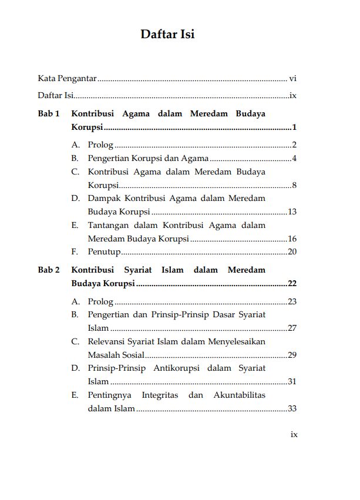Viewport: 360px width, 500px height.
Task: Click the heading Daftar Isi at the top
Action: (x=167, y=34)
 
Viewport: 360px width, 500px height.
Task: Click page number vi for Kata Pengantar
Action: (x=293, y=78)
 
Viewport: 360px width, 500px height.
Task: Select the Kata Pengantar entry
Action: (x=67, y=78)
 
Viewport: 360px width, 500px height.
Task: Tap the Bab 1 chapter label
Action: (x=49, y=113)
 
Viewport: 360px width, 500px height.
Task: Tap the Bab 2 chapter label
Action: (x=49, y=270)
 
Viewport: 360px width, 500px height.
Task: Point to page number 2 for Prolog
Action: (x=294, y=145)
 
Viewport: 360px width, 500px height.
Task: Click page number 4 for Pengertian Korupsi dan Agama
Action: (x=294, y=158)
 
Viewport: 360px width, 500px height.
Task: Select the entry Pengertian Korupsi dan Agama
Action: (x=148, y=158)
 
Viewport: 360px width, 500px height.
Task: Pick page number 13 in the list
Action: (x=292, y=212)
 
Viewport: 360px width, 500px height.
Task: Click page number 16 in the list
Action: (x=292, y=239)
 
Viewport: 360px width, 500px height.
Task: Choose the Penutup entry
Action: (x=104, y=252)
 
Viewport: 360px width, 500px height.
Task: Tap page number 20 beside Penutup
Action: (x=292, y=252)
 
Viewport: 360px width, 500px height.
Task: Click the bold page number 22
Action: (x=292, y=284)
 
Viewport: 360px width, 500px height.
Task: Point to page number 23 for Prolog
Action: (x=292, y=301)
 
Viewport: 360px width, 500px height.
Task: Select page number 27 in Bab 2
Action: (x=292, y=328)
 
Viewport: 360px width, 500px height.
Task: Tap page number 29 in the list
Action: (x=292, y=355)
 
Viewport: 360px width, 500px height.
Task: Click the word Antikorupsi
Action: (x=176, y=368)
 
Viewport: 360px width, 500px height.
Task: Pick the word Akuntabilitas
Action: (x=238, y=395)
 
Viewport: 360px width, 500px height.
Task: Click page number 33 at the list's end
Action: (x=292, y=409)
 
